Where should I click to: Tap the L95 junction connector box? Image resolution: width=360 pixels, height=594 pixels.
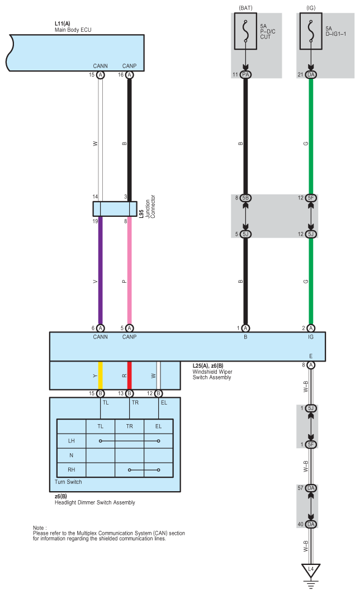click(115, 209)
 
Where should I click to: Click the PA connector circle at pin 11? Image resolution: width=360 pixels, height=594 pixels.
click(245, 75)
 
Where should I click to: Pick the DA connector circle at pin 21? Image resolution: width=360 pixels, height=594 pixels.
click(311, 75)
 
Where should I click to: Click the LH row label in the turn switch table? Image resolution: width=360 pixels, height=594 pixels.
click(72, 441)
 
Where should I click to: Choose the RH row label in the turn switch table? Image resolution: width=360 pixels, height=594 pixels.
click(72, 469)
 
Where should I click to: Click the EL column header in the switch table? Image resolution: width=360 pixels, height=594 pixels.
click(158, 426)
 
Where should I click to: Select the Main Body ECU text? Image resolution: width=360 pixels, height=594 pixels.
click(73, 30)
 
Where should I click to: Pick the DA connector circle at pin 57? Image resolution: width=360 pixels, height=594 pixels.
click(311, 488)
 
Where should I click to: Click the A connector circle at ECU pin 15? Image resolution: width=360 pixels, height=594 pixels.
click(101, 75)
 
